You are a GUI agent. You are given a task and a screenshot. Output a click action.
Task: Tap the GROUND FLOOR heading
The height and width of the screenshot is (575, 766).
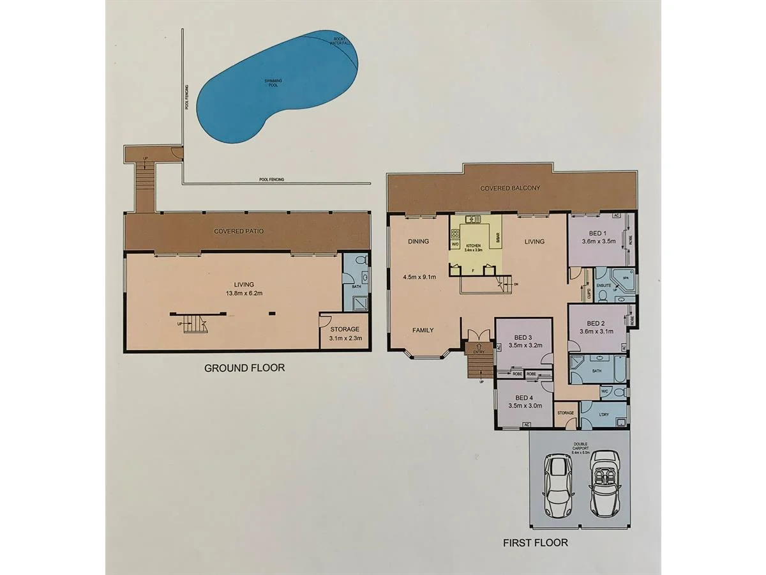(x=244, y=368)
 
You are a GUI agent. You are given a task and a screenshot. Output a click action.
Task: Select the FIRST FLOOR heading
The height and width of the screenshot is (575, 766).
(x=535, y=543)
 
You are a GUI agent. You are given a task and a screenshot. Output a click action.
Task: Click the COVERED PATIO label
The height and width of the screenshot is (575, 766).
(x=239, y=231)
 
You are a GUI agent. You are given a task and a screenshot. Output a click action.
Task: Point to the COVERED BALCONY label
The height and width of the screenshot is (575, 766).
(x=510, y=188)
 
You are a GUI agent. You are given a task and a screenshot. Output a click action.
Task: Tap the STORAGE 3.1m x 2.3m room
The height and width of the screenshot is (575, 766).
(x=345, y=333)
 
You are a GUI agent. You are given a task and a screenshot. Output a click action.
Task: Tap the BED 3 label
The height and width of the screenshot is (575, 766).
(x=523, y=337)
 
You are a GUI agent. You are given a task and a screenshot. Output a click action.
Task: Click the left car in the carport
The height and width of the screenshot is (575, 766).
(x=557, y=486)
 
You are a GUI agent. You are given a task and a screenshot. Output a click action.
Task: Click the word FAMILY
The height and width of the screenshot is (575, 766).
(x=423, y=330)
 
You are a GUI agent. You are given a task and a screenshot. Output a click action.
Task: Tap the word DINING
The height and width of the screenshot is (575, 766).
(x=418, y=241)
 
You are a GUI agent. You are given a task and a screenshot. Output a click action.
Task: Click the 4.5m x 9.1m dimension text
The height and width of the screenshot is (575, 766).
(x=419, y=277)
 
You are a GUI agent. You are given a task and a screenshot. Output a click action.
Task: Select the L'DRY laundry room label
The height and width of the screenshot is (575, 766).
(x=604, y=413)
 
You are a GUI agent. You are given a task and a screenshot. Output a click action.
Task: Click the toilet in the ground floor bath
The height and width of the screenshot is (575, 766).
(x=360, y=261)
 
